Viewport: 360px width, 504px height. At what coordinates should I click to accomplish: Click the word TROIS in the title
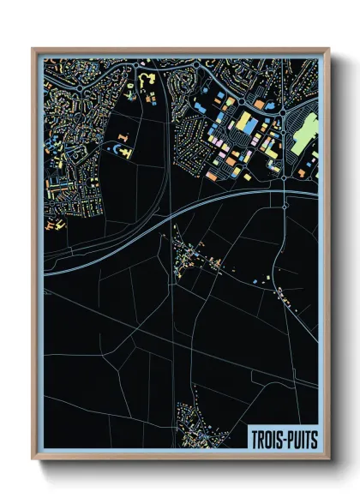click(267, 438)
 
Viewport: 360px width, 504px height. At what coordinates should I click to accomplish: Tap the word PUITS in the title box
click(300, 438)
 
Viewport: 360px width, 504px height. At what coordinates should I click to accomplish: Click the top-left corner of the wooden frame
click(33, 50)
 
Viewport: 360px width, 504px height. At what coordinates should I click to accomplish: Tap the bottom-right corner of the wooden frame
click(329, 459)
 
